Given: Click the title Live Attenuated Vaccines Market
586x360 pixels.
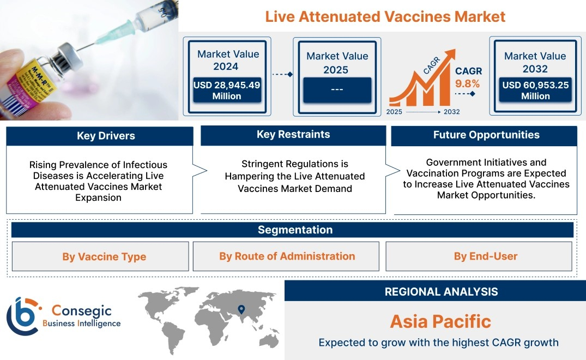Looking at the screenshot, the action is pos(385,17).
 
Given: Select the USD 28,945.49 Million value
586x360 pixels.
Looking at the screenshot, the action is pos(227,91).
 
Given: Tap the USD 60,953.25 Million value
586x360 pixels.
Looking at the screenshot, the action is pos(535,91).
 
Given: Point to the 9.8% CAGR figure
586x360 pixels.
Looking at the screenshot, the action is pos(467,84).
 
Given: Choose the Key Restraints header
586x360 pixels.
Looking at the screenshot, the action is pos(293,135).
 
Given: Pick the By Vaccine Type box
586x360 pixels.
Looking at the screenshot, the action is pos(100,256).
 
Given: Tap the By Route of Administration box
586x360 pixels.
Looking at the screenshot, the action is pos(286,256).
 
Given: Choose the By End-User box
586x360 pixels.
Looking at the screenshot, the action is pos(479,256).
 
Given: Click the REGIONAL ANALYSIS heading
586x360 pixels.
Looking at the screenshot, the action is pos(442,292).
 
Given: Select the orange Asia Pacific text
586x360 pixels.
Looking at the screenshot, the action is pos(440,321).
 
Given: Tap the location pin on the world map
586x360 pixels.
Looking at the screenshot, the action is pos(241,309).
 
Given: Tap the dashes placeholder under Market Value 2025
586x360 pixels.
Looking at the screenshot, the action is pos(337,89).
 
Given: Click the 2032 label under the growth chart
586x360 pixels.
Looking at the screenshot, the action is pos(451,112).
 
